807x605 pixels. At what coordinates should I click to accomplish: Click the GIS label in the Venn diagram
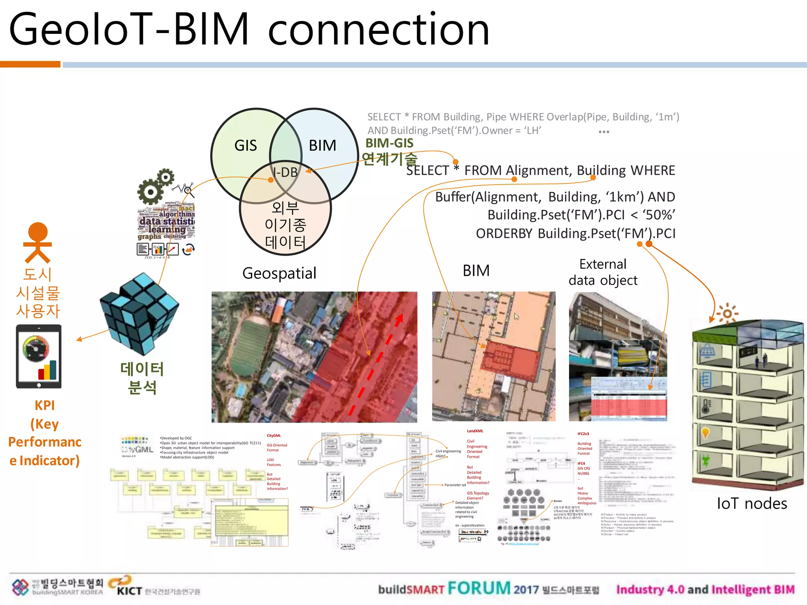click(x=245, y=146)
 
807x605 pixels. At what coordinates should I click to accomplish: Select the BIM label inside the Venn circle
click(x=322, y=146)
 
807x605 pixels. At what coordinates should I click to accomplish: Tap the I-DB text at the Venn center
click(x=286, y=173)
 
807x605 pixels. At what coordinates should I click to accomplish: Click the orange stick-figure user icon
click(x=38, y=242)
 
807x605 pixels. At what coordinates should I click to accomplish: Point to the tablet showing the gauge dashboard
click(x=39, y=356)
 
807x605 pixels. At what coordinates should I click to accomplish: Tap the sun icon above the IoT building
click(x=727, y=314)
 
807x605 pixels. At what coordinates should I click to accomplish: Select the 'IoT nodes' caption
click(x=751, y=503)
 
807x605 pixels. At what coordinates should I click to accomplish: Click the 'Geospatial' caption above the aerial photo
click(x=279, y=273)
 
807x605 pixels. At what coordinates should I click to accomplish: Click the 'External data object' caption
click(x=603, y=272)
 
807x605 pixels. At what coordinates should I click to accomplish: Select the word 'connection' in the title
click(x=379, y=30)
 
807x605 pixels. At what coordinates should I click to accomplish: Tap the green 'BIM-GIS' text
click(x=389, y=143)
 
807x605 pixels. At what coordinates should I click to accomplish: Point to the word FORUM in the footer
click(x=479, y=588)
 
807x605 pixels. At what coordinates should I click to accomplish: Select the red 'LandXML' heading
click(x=475, y=431)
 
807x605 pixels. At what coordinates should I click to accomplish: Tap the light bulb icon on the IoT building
click(x=705, y=433)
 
